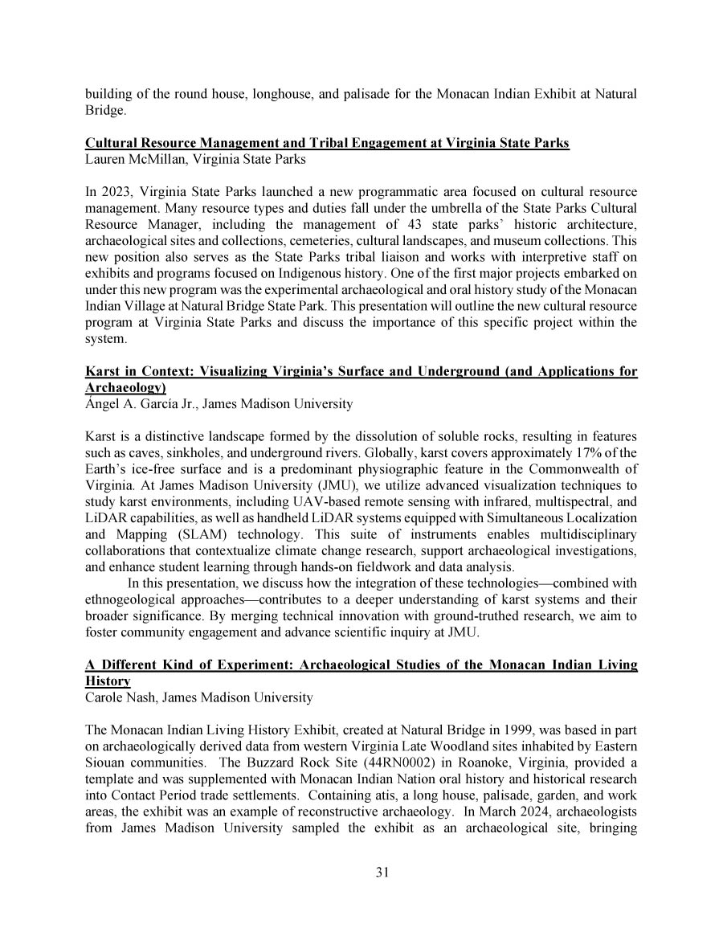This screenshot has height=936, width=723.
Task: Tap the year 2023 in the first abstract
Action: (113, 192)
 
